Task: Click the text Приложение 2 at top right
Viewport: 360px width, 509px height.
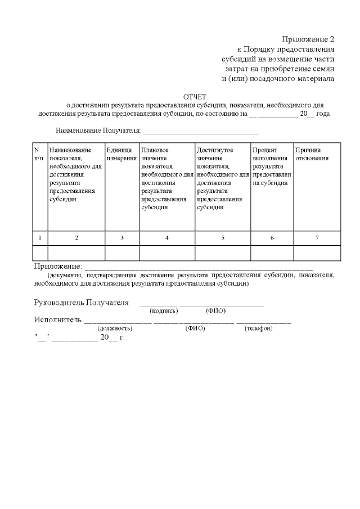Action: [308, 39]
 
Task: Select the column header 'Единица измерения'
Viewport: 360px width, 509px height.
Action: [122, 154]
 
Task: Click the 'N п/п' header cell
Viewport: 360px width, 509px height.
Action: [39, 154]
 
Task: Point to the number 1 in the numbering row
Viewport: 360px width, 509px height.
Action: [39, 238]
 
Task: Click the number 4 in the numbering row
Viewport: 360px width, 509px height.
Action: [167, 238]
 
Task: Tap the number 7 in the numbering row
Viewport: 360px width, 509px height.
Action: [317, 238]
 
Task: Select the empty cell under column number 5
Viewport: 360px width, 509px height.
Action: [223, 253]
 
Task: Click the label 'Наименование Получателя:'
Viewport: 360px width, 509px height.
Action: [98, 131]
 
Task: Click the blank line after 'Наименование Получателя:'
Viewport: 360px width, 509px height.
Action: [201, 133]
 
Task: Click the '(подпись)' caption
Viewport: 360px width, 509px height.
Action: [164, 311]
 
